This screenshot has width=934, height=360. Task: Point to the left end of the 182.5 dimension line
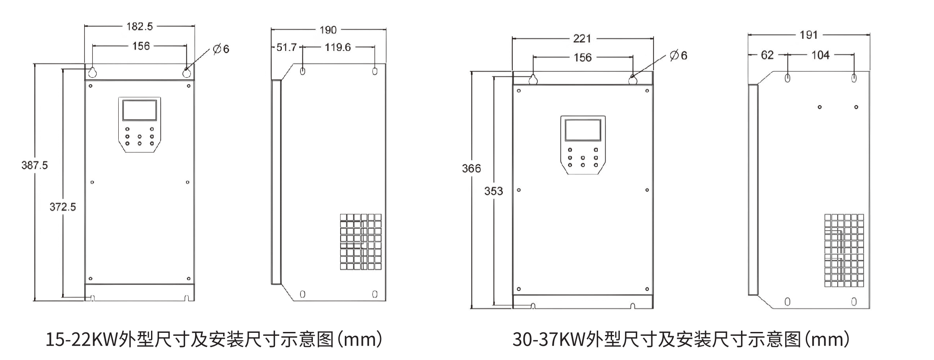[85, 26]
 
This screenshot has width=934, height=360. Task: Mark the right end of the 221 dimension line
[653, 38]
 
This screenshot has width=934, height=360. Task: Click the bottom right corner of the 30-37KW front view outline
[653, 309]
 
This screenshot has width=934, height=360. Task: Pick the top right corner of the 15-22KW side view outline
[386, 64]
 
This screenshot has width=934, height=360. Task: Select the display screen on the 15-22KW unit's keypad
[139, 110]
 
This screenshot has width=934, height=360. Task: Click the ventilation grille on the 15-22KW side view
[361, 242]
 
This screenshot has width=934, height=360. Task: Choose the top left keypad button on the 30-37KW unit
[570, 150]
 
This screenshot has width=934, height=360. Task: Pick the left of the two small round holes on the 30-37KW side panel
[820, 107]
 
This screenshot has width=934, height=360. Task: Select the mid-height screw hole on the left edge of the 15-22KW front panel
[92, 182]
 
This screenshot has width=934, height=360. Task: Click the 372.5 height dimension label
[63, 207]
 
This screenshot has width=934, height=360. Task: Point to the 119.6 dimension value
[338, 47]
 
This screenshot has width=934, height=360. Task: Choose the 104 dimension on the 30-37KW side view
[820, 55]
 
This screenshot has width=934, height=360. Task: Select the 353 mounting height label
[493, 191]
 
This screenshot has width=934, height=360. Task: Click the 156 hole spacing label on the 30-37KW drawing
[582, 57]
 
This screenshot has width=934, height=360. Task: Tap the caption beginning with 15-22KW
[214, 340]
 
